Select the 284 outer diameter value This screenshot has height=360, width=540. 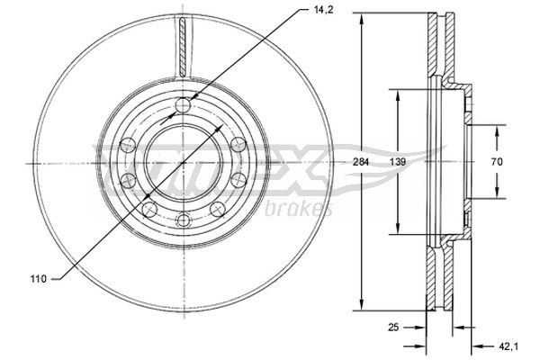tap(362, 162)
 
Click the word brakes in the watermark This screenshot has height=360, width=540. tap(299, 210)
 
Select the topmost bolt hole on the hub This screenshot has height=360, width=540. tap(184, 106)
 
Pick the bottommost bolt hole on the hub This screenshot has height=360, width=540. tap(184, 219)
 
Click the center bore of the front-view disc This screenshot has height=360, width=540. tap(184, 162)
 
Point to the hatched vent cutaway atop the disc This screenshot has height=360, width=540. tap(184, 45)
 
